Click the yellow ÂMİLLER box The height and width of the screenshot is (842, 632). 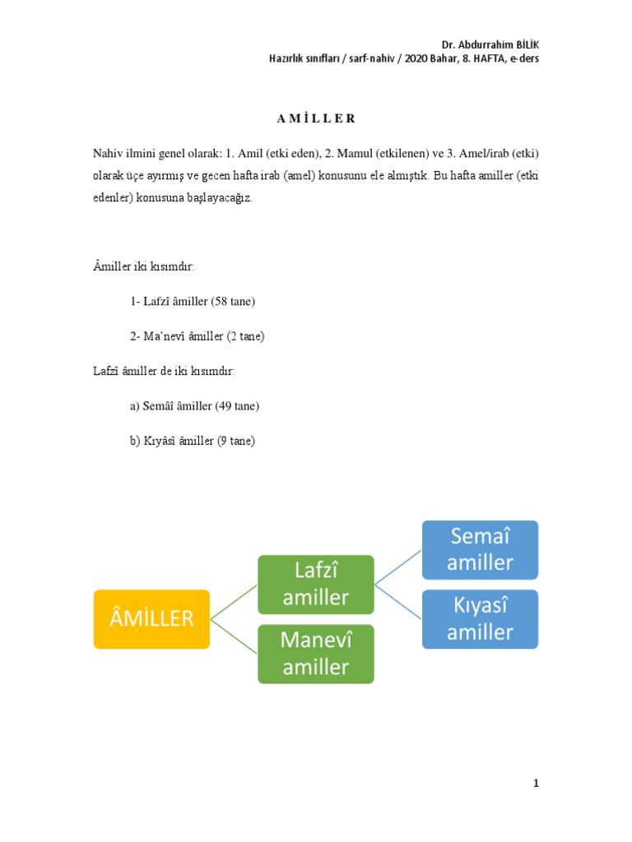(x=151, y=618)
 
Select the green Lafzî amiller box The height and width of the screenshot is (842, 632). (x=316, y=585)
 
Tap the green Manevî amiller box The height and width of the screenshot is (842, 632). (x=316, y=654)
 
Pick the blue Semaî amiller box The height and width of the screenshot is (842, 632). (x=481, y=549)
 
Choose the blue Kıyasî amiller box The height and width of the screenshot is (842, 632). (x=481, y=618)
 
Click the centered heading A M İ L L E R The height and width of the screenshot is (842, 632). (x=316, y=118)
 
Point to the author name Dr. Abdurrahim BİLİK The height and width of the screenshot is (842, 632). (x=490, y=44)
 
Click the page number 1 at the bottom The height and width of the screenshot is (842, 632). (x=536, y=784)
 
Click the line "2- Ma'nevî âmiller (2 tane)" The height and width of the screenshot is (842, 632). (x=197, y=336)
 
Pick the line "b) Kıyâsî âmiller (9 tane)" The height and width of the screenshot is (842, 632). (x=193, y=441)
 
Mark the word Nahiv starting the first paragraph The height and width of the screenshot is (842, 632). (x=108, y=154)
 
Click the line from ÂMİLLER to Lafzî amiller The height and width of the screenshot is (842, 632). (x=235, y=601)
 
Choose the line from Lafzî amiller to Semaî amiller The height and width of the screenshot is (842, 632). (x=399, y=567)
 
